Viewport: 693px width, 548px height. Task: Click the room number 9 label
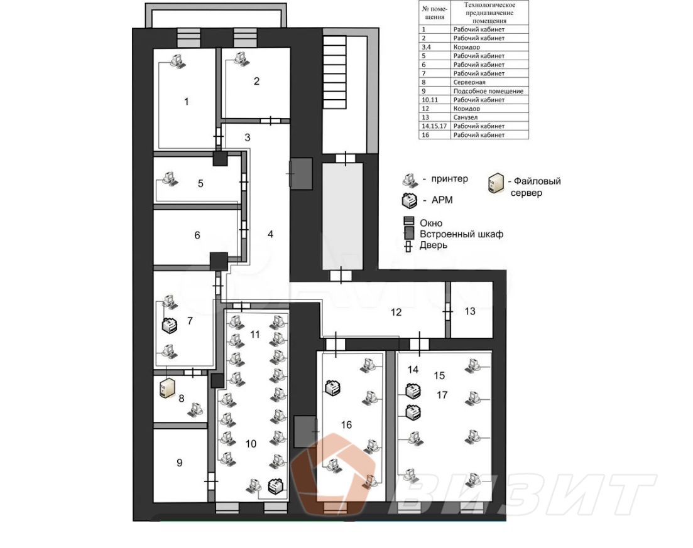click(180, 463)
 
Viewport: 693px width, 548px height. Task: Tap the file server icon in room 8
click(167, 388)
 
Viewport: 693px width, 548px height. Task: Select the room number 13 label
click(470, 311)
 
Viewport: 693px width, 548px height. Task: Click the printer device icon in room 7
click(170, 325)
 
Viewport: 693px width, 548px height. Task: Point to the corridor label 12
click(396, 312)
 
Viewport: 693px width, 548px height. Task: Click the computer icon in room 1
click(178, 61)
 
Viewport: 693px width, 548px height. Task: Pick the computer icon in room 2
click(242, 58)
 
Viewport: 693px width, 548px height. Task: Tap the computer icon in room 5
click(170, 179)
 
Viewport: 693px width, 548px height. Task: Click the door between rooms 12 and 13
click(448, 312)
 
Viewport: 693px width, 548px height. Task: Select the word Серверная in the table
click(469, 82)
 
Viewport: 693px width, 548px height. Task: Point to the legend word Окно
click(431, 223)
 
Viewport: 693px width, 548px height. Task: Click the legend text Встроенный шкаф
click(461, 234)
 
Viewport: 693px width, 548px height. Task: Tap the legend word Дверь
click(433, 245)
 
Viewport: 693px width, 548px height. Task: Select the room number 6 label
click(197, 235)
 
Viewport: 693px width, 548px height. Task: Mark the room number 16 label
click(346, 425)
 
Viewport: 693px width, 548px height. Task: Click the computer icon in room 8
click(195, 409)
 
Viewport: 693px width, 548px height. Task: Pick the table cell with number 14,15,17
click(434, 126)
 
